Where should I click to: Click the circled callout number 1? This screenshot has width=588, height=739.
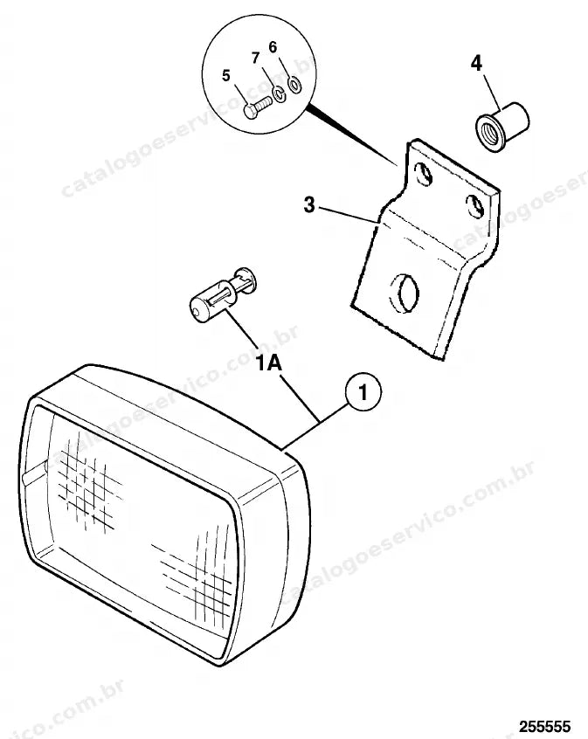tap(363, 392)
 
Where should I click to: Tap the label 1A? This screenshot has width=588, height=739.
tap(269, 363)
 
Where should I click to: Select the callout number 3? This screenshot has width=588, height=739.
tap(309, 205)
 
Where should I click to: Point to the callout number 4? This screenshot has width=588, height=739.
tap(477, 63)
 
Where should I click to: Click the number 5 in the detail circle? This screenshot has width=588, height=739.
tap(226, 75)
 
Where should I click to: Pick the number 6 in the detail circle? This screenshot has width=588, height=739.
tap(273, 47)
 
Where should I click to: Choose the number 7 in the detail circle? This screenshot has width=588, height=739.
tap(256, 58)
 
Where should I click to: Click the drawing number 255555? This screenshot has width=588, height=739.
tap(545, 726)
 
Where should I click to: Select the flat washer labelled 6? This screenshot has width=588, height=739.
tap(295, 86)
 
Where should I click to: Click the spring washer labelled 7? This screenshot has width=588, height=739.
tap(279, 93)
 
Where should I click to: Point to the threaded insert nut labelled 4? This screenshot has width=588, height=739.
tap(502, 127)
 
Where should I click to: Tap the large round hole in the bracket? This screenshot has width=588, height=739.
tap(404, 293)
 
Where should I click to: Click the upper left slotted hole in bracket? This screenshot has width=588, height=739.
tap(424, 174)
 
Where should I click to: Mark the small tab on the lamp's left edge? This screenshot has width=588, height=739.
tap(34, 473)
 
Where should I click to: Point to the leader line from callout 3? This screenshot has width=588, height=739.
tap(349, 213)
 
